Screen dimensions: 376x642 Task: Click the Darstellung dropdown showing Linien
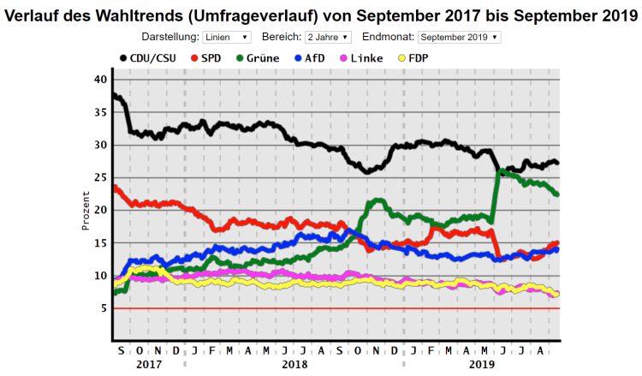tap(227, 38)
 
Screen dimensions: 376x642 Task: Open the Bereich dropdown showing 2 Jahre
tap(328, 38)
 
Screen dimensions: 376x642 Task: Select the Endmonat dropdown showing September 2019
tap(460, 38)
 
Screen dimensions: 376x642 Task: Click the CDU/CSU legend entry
tap(150, 57)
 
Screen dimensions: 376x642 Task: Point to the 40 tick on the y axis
tap(101, 80)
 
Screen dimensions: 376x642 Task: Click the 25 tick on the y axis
tap(101, 177)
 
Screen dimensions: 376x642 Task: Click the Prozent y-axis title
tap(86, 210)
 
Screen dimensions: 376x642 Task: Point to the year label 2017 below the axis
tap(148, 363)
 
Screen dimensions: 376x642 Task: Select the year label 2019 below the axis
tap(482, 363)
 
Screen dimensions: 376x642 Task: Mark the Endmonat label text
tap(389, 38)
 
